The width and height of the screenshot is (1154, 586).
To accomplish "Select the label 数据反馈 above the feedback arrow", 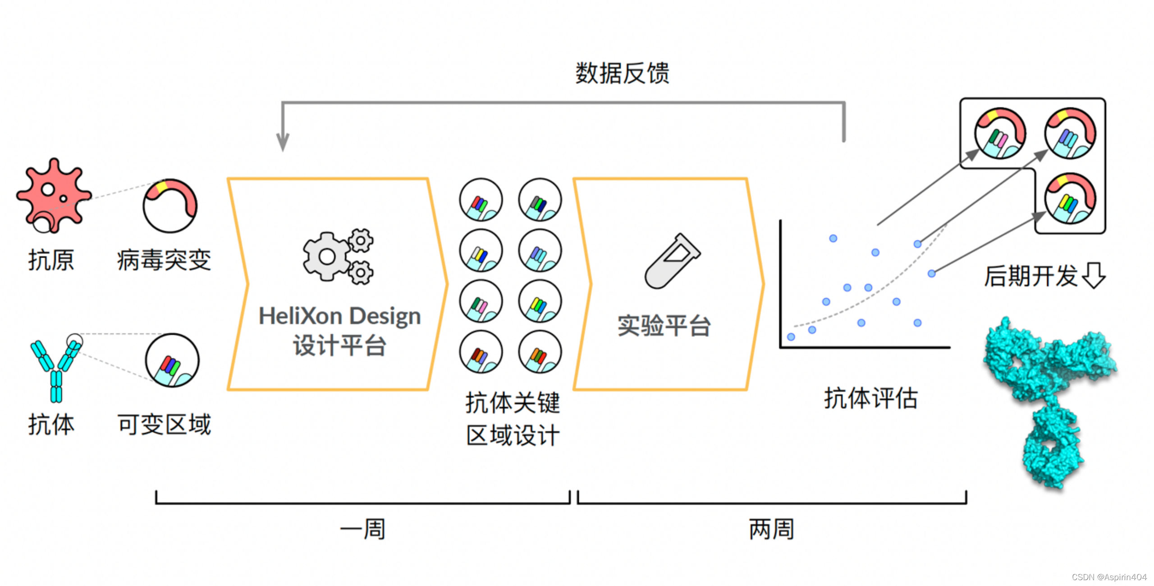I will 622,73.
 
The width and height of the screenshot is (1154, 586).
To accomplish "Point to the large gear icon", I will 327,257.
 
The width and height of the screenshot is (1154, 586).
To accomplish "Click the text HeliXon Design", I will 339,316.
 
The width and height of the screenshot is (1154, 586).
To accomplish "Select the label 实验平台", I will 664,326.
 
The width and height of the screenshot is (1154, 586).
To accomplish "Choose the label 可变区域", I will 164,425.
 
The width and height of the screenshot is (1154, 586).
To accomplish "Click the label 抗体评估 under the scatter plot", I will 870,398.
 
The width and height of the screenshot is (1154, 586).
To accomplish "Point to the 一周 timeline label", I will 363,529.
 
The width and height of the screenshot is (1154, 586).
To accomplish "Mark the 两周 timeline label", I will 771,529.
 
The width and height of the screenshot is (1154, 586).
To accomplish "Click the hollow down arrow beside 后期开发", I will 1094,275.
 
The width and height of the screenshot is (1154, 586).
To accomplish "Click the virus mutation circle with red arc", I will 170,206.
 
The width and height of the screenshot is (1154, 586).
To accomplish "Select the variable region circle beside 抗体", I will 172,360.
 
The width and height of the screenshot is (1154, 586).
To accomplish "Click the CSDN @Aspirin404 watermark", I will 1109,577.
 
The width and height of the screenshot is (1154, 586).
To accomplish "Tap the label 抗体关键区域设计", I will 513,419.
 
